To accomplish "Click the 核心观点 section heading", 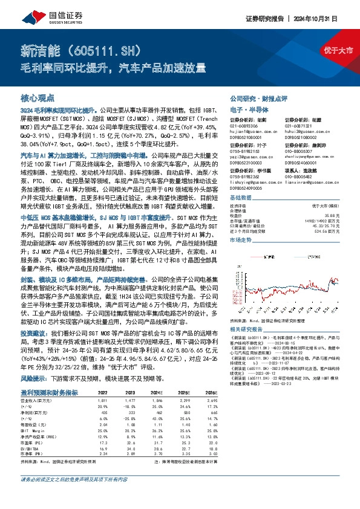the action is point(37,97).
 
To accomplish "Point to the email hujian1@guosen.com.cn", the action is point(254,131).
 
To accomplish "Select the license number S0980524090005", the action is point(249,188).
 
